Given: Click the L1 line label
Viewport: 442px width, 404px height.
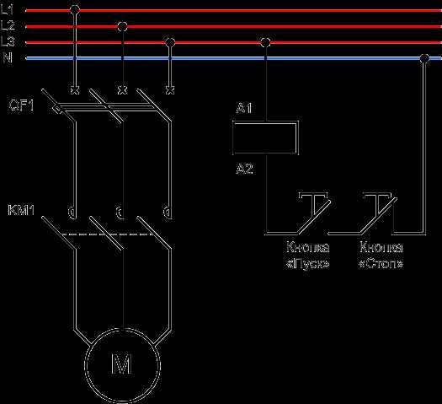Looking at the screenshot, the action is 7,10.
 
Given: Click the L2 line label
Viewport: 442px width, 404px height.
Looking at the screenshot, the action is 8,26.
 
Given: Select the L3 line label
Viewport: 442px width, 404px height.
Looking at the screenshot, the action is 8,42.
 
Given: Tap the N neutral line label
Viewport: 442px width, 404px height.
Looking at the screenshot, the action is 8,58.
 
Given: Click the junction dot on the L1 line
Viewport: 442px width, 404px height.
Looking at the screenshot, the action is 75,10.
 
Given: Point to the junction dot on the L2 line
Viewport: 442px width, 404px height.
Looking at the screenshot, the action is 122,26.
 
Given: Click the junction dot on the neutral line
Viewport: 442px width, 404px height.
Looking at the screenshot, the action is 424,58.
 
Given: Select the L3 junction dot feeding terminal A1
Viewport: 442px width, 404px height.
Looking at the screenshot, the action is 265,43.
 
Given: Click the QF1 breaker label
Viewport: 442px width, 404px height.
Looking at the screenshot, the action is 21,105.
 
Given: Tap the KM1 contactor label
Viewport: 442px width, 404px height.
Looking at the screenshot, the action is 21,210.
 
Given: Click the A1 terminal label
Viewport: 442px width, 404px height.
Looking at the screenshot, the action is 244,108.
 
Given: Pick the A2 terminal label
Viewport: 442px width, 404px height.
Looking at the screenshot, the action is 244,169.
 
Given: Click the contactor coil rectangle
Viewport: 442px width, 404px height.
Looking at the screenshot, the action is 265,137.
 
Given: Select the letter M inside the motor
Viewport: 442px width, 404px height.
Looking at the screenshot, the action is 122,364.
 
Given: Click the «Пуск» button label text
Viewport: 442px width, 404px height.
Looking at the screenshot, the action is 307,264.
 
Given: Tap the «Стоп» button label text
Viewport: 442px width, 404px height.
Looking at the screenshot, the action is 381,264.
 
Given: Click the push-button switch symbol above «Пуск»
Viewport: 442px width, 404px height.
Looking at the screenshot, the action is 314,213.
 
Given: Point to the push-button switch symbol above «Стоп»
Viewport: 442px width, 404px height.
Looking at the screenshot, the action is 379,213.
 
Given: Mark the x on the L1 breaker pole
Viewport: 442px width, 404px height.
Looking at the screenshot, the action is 75,90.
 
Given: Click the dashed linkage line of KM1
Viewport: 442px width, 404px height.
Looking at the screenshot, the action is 107,234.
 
